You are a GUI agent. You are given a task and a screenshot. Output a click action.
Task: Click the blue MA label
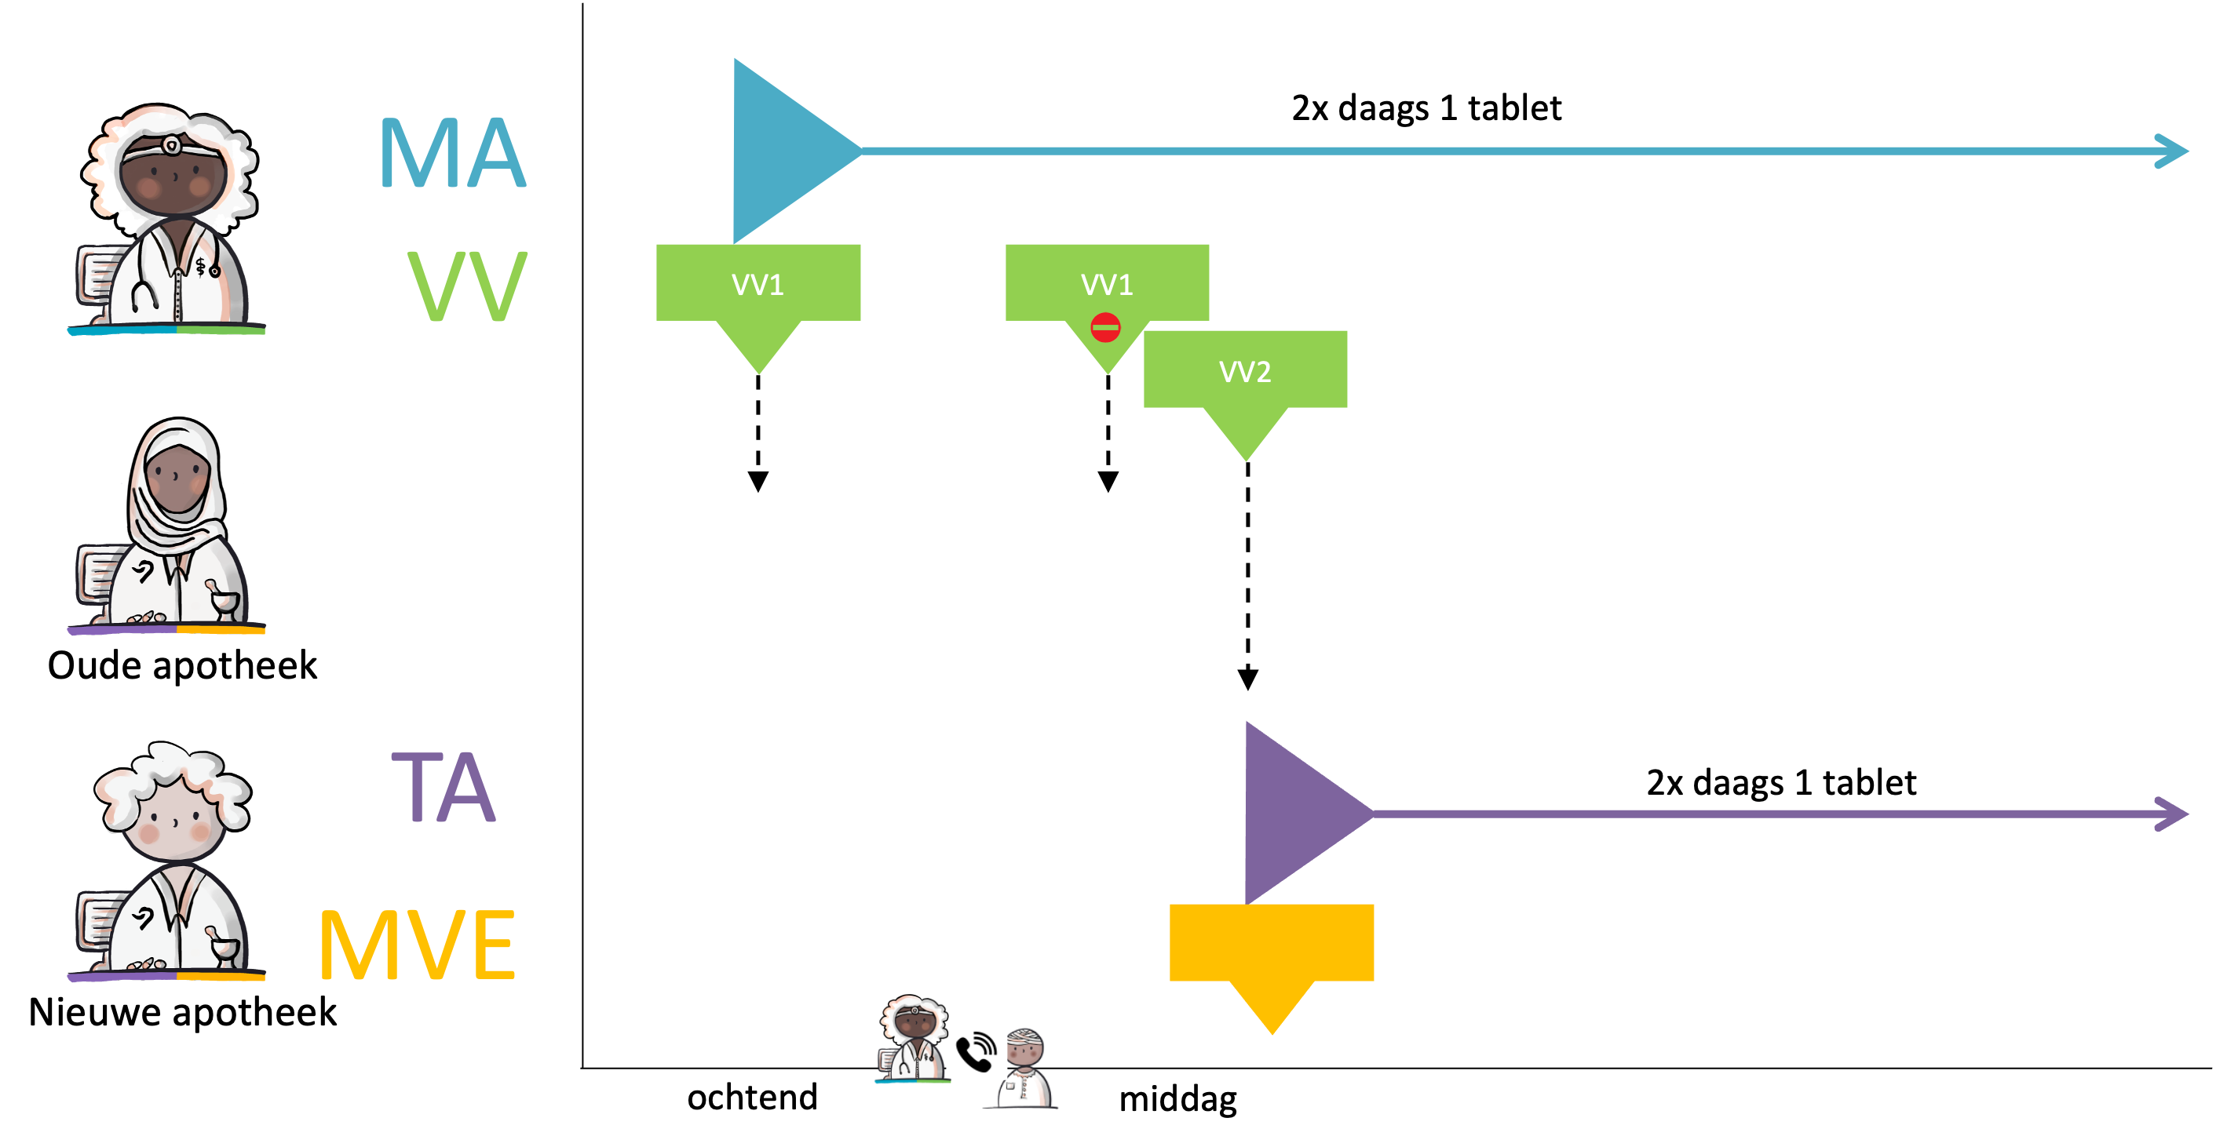[453, 153]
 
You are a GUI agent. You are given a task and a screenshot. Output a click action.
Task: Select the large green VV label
[468, 286]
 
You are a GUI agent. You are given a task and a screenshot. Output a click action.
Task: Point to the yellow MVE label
[418, 945]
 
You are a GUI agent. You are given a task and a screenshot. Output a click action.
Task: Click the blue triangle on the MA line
[783, 151]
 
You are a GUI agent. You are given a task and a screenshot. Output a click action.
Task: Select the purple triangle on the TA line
[1294, 813]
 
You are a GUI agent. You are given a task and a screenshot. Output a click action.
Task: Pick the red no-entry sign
[1106, 328]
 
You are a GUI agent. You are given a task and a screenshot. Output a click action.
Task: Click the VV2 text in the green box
[1245, 372]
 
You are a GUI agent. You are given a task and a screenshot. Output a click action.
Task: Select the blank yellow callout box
[1272, 943]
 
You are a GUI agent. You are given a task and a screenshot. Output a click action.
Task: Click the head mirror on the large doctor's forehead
[171, 145]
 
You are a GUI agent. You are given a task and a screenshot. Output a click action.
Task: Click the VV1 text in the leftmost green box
[758, 284]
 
